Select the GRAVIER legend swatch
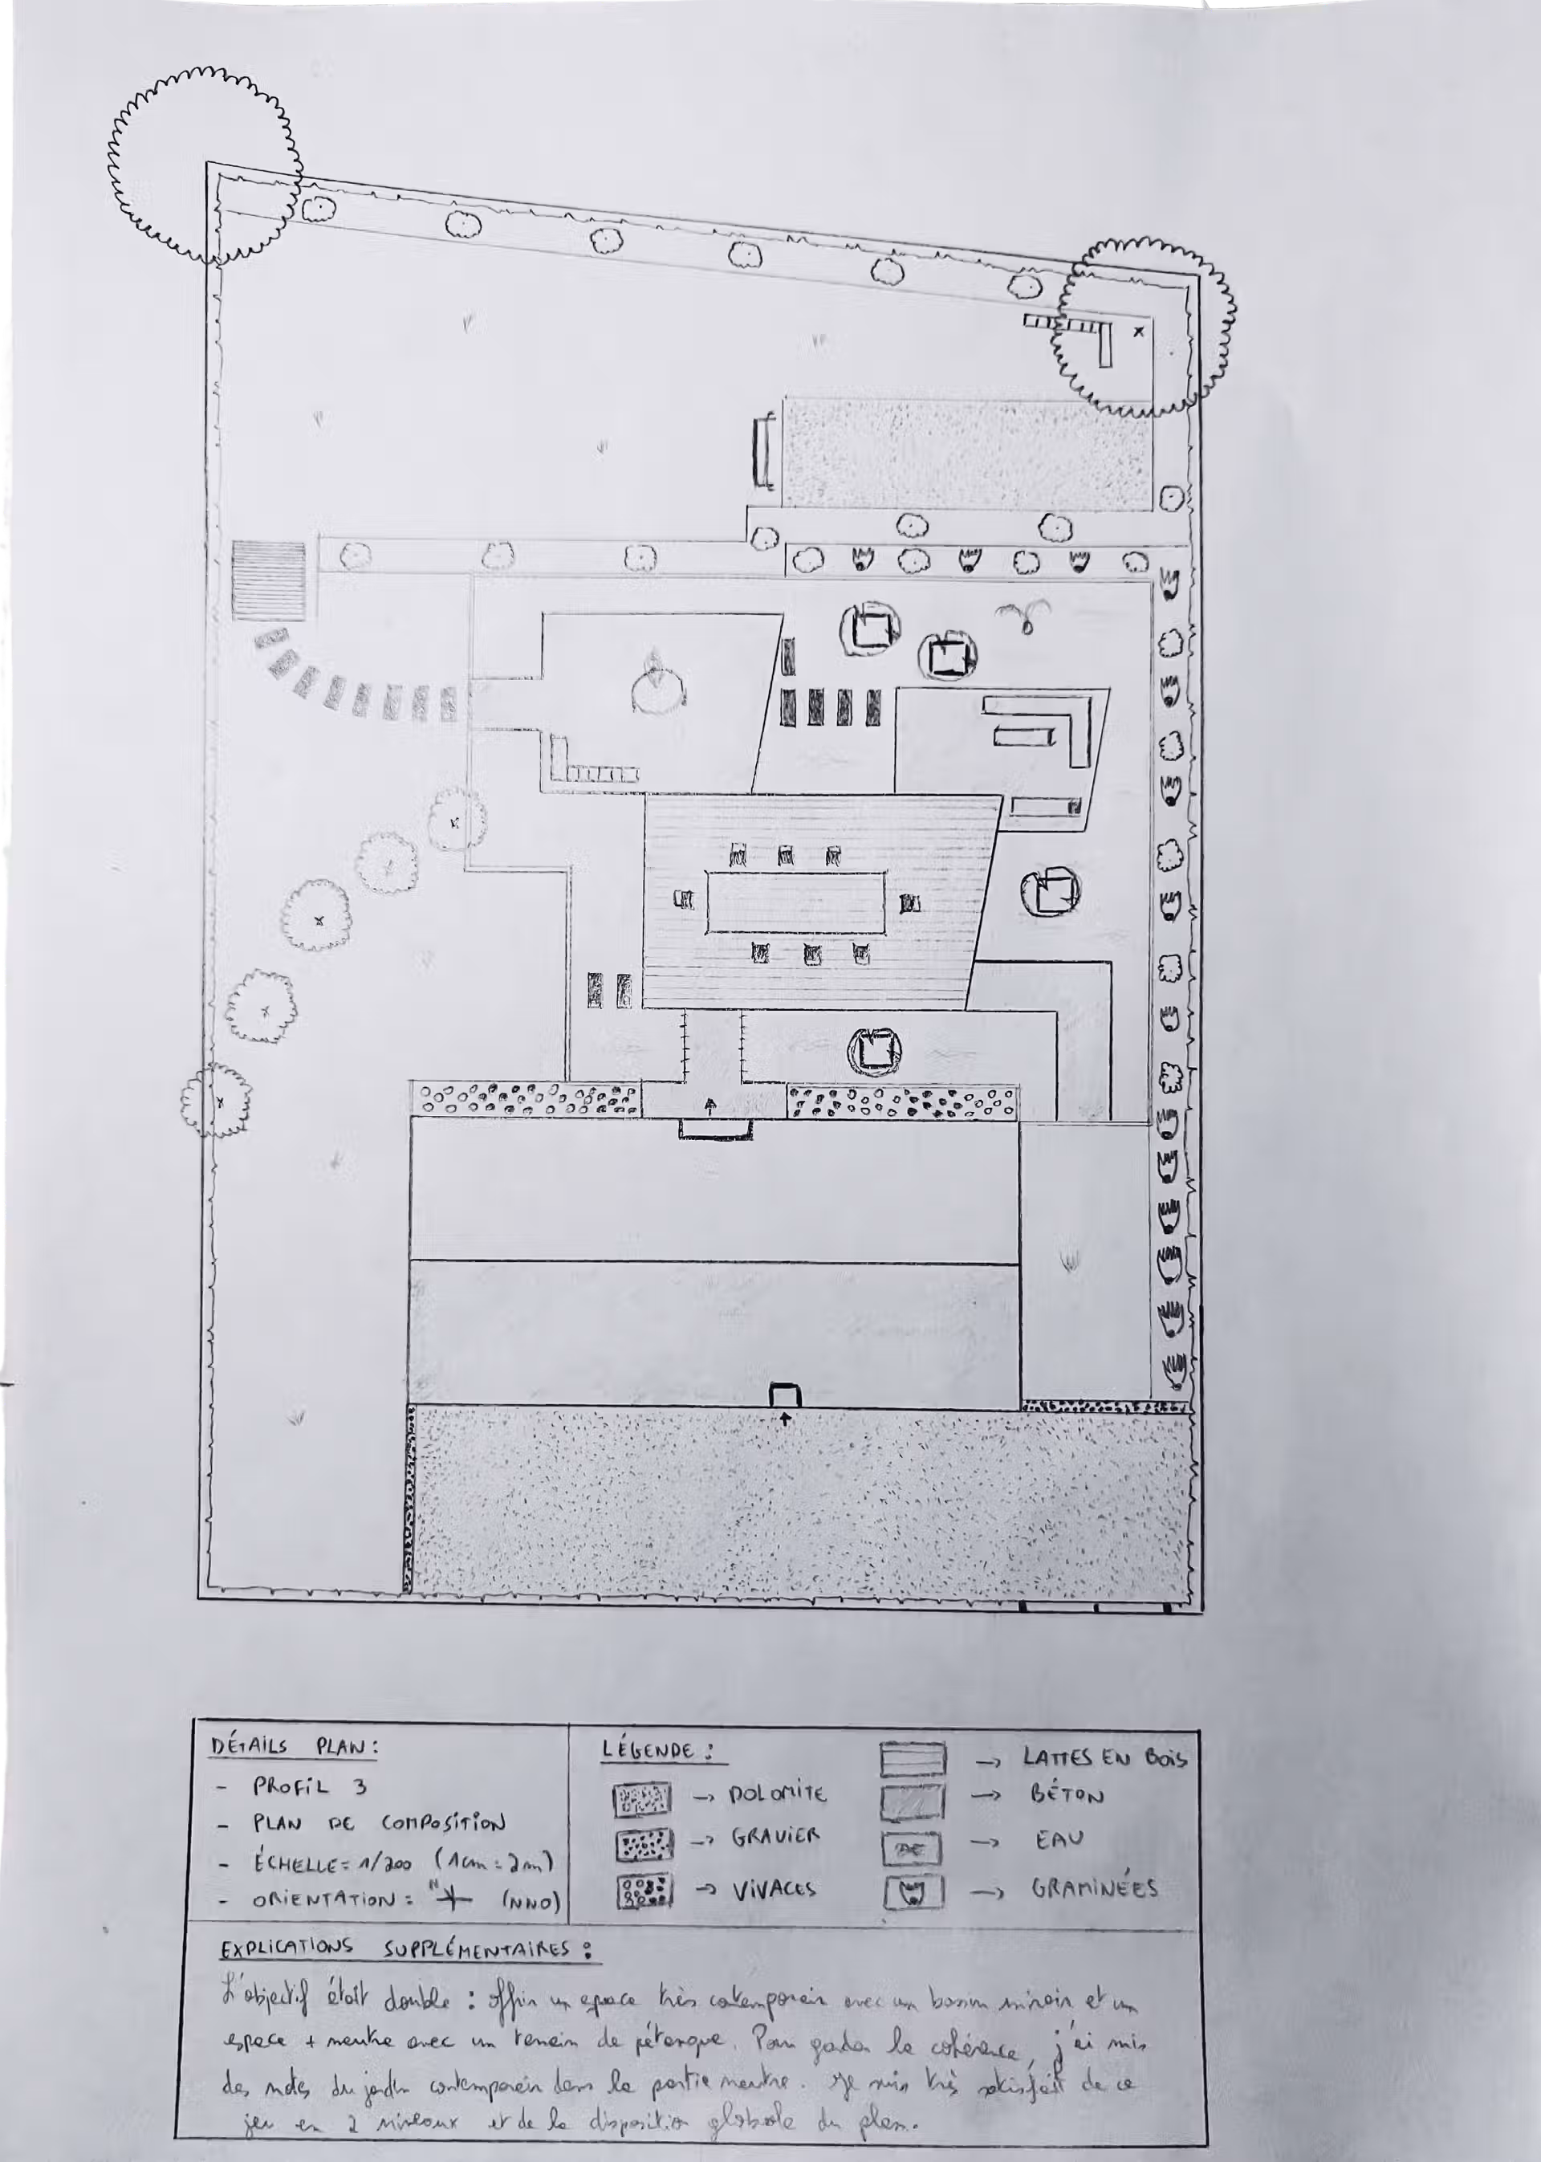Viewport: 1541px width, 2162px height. (644, 1844)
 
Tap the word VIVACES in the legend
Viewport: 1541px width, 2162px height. (774, 1889)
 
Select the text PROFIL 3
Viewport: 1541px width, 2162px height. (308, 1787)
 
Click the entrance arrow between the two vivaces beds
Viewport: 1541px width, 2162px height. (711, 1104)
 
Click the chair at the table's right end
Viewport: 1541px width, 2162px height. (911, 902)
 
